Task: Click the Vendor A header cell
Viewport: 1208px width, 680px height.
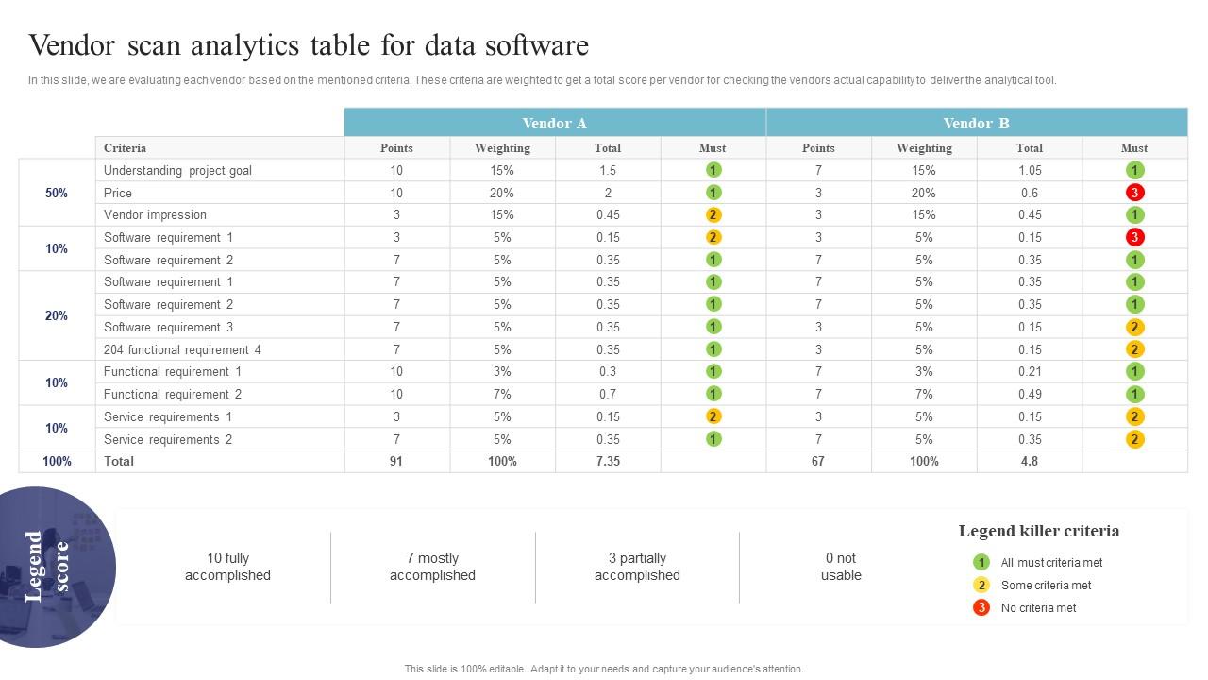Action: (555, 123)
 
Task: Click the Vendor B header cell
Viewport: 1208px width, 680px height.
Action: (976, 123)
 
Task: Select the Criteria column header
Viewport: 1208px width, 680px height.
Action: (125, 148)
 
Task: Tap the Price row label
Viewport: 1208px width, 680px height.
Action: (118, 193)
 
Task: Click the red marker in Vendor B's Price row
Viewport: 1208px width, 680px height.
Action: (1134, 193)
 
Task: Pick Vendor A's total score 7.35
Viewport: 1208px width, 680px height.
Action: (608, 461)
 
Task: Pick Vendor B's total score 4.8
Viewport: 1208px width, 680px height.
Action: (1029, 461)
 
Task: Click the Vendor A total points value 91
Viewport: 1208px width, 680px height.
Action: (396, 461)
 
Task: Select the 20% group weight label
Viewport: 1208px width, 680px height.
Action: (57, 315)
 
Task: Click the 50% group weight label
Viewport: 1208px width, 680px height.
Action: (57, 193)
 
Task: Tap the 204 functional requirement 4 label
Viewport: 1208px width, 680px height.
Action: (182, 349)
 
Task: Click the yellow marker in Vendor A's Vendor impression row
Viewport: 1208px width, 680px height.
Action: (713, 215)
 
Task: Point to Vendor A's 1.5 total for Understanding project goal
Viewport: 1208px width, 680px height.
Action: (608, 171)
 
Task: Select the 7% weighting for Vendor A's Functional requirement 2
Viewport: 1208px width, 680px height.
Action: (502, 394)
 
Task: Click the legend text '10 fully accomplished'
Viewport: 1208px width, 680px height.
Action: (227, 567)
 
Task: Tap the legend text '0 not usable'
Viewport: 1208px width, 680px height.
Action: (840, 567)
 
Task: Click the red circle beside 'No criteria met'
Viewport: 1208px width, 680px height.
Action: (981, 607)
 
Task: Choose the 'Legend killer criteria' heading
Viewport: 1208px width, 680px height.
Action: (1038, 531)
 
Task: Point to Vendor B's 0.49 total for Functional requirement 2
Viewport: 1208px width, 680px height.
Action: (1029, 394)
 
